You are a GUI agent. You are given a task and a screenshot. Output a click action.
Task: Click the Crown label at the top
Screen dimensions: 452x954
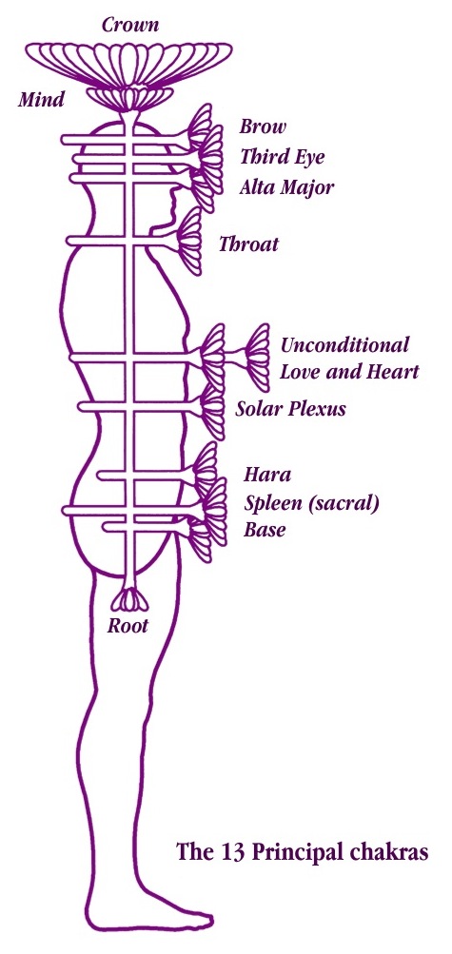[130, 25]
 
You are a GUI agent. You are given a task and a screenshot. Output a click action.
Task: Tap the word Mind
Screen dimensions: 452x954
[41, 99]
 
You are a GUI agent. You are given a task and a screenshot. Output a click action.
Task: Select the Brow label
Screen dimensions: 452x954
[263, 127]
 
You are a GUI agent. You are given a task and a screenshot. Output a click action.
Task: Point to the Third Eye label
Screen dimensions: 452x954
[283, 157]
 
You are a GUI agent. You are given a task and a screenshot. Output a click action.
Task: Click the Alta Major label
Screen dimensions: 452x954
[286, 186]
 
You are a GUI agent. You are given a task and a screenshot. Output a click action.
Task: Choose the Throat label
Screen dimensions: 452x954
[248, 244]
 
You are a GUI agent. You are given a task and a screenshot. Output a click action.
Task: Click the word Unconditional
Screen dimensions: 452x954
[344, 345]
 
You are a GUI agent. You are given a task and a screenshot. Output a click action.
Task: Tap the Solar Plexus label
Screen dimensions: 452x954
[291, 408]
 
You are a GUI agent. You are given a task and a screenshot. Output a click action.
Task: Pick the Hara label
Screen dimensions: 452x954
[267, 474]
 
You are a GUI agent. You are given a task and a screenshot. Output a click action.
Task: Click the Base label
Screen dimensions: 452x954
[265, 530]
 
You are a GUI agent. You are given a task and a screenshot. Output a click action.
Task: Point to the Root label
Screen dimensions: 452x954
[128, 626]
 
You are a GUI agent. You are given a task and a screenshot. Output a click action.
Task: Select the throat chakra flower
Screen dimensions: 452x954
[189, 241]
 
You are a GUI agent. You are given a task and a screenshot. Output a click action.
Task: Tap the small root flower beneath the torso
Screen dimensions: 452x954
[129, 600]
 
